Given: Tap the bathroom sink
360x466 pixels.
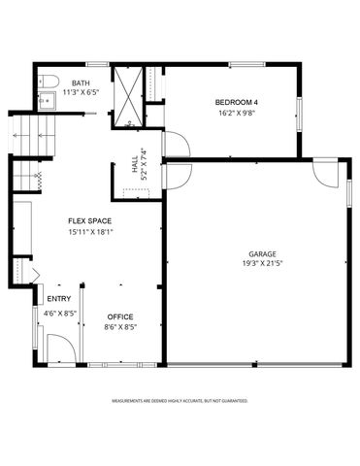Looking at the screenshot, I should [x=46, y=99].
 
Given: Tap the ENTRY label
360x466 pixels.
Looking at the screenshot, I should [x=58, y=299].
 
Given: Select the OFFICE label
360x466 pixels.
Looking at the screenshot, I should [x=119, y=316].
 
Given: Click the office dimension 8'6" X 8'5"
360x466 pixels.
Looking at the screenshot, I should [x=119, y=327].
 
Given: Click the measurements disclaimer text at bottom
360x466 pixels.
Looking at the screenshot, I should [x=180, y=400].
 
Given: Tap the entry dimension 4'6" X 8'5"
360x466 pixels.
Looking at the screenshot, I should [x=58, y=313].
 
